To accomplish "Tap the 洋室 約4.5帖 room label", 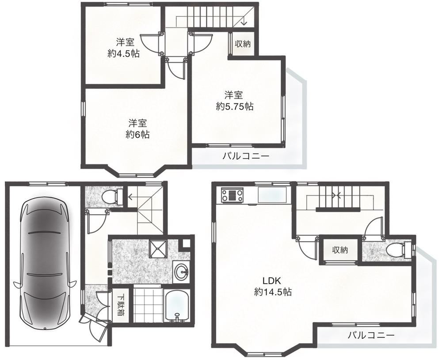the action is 124,48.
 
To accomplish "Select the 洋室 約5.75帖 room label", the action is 234,101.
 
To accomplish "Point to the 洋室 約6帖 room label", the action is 137,129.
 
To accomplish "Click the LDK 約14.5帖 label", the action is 272,286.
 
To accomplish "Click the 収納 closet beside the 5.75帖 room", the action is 243,44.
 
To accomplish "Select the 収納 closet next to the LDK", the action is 340,250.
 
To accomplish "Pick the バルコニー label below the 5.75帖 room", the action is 246,156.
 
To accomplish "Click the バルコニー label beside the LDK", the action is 371,335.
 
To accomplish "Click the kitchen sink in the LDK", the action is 273,194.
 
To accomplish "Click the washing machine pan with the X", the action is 158,248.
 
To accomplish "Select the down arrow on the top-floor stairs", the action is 244,21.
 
